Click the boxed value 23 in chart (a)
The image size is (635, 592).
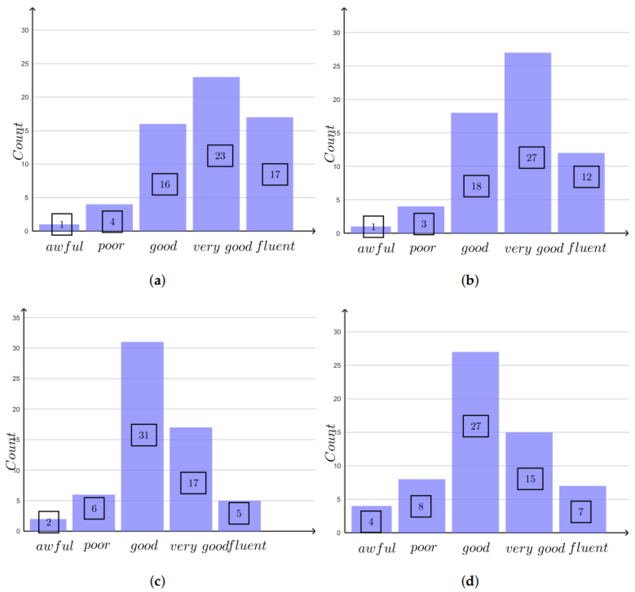click(220, 156)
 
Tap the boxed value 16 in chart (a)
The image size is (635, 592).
click(164, 184)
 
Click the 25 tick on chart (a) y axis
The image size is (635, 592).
click(25, 64)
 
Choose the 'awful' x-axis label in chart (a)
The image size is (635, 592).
click(64, 247)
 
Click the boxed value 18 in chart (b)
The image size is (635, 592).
click(476, 186)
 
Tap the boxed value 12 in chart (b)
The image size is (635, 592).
click(586, 177)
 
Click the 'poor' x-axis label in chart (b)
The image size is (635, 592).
click(422, 248)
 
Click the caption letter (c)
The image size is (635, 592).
click(157, 581)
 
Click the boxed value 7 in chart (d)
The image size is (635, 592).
click(580, 511)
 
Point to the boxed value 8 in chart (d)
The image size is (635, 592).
click(420, 506)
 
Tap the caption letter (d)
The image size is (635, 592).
click(469, 581)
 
